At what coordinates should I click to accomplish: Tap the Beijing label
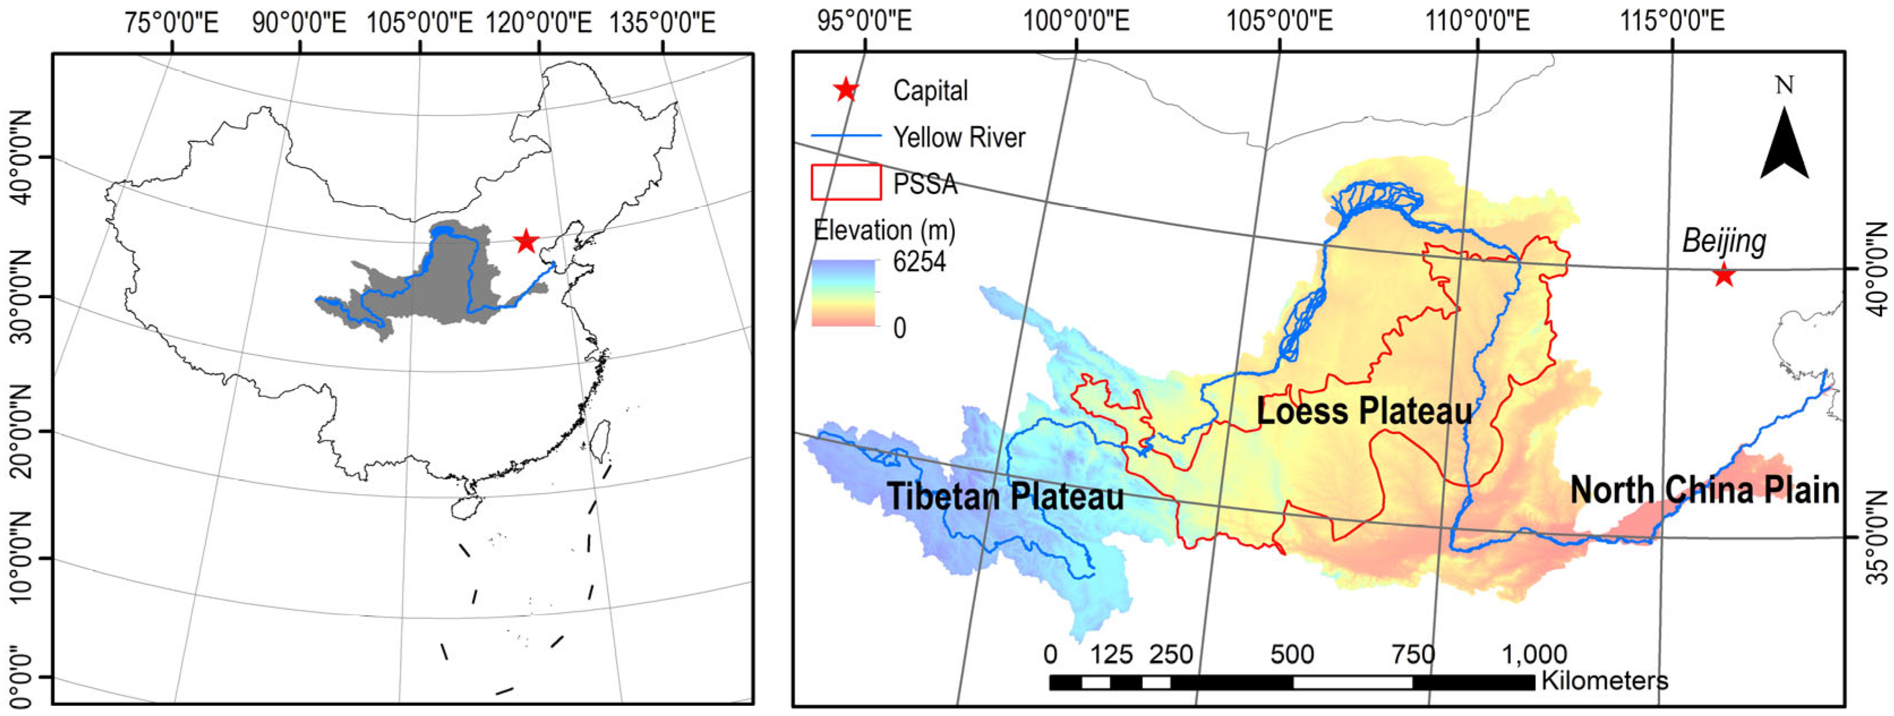[x=1724, y=241]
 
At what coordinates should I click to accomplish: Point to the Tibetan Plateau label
[x=1006, y=496]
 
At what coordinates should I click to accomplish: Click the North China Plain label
[x=1704, y=490]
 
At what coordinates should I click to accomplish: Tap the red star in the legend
[x=846, y=91]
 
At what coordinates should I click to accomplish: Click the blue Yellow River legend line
[x=846, y=136]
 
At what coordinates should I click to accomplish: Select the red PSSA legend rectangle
[x=846, y=182]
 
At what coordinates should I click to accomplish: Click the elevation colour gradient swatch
[x=844, y=293]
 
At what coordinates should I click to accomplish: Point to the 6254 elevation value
[x=919, y=261]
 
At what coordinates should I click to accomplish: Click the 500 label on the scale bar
[x=1292, y=654]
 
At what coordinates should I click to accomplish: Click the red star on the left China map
[x=526, y=241]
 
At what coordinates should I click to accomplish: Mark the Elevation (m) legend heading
[x=885, y=231]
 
